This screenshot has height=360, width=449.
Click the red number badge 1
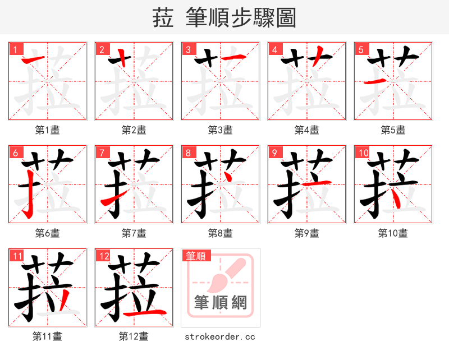point(15,49)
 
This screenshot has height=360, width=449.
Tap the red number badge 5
point(360,49)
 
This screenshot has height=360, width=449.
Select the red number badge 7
point(101,152)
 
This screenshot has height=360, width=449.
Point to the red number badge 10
point(362,152)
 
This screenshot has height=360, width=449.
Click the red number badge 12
point(103,256)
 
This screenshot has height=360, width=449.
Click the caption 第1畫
point(47,130)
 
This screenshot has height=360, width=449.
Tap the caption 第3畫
point(220,130)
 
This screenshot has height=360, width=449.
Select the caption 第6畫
point(47,233)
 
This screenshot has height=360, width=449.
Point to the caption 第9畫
point(306,233)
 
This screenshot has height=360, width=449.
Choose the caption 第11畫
point(47,336)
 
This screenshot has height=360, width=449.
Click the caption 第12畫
point(134,336)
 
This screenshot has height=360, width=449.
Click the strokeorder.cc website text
point(220,336)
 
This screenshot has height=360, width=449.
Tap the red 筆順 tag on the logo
point(196,256)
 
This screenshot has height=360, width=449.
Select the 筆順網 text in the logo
point(220,303)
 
